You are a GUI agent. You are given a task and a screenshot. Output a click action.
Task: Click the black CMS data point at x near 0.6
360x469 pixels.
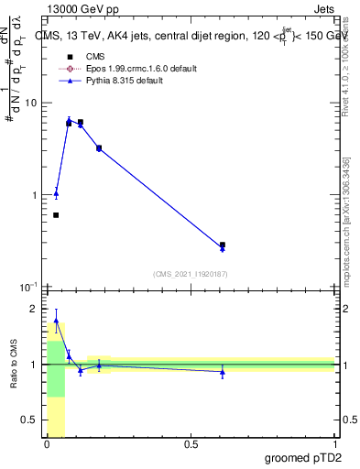point(223,245)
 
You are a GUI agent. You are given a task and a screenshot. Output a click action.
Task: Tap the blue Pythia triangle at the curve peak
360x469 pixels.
point(69,120)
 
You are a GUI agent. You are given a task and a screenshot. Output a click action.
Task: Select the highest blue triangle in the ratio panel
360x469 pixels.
point(56,322)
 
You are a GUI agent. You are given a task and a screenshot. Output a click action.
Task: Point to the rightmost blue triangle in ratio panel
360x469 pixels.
point(223,371)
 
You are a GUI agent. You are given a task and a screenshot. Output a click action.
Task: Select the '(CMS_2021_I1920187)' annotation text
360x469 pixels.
point(190,273)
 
